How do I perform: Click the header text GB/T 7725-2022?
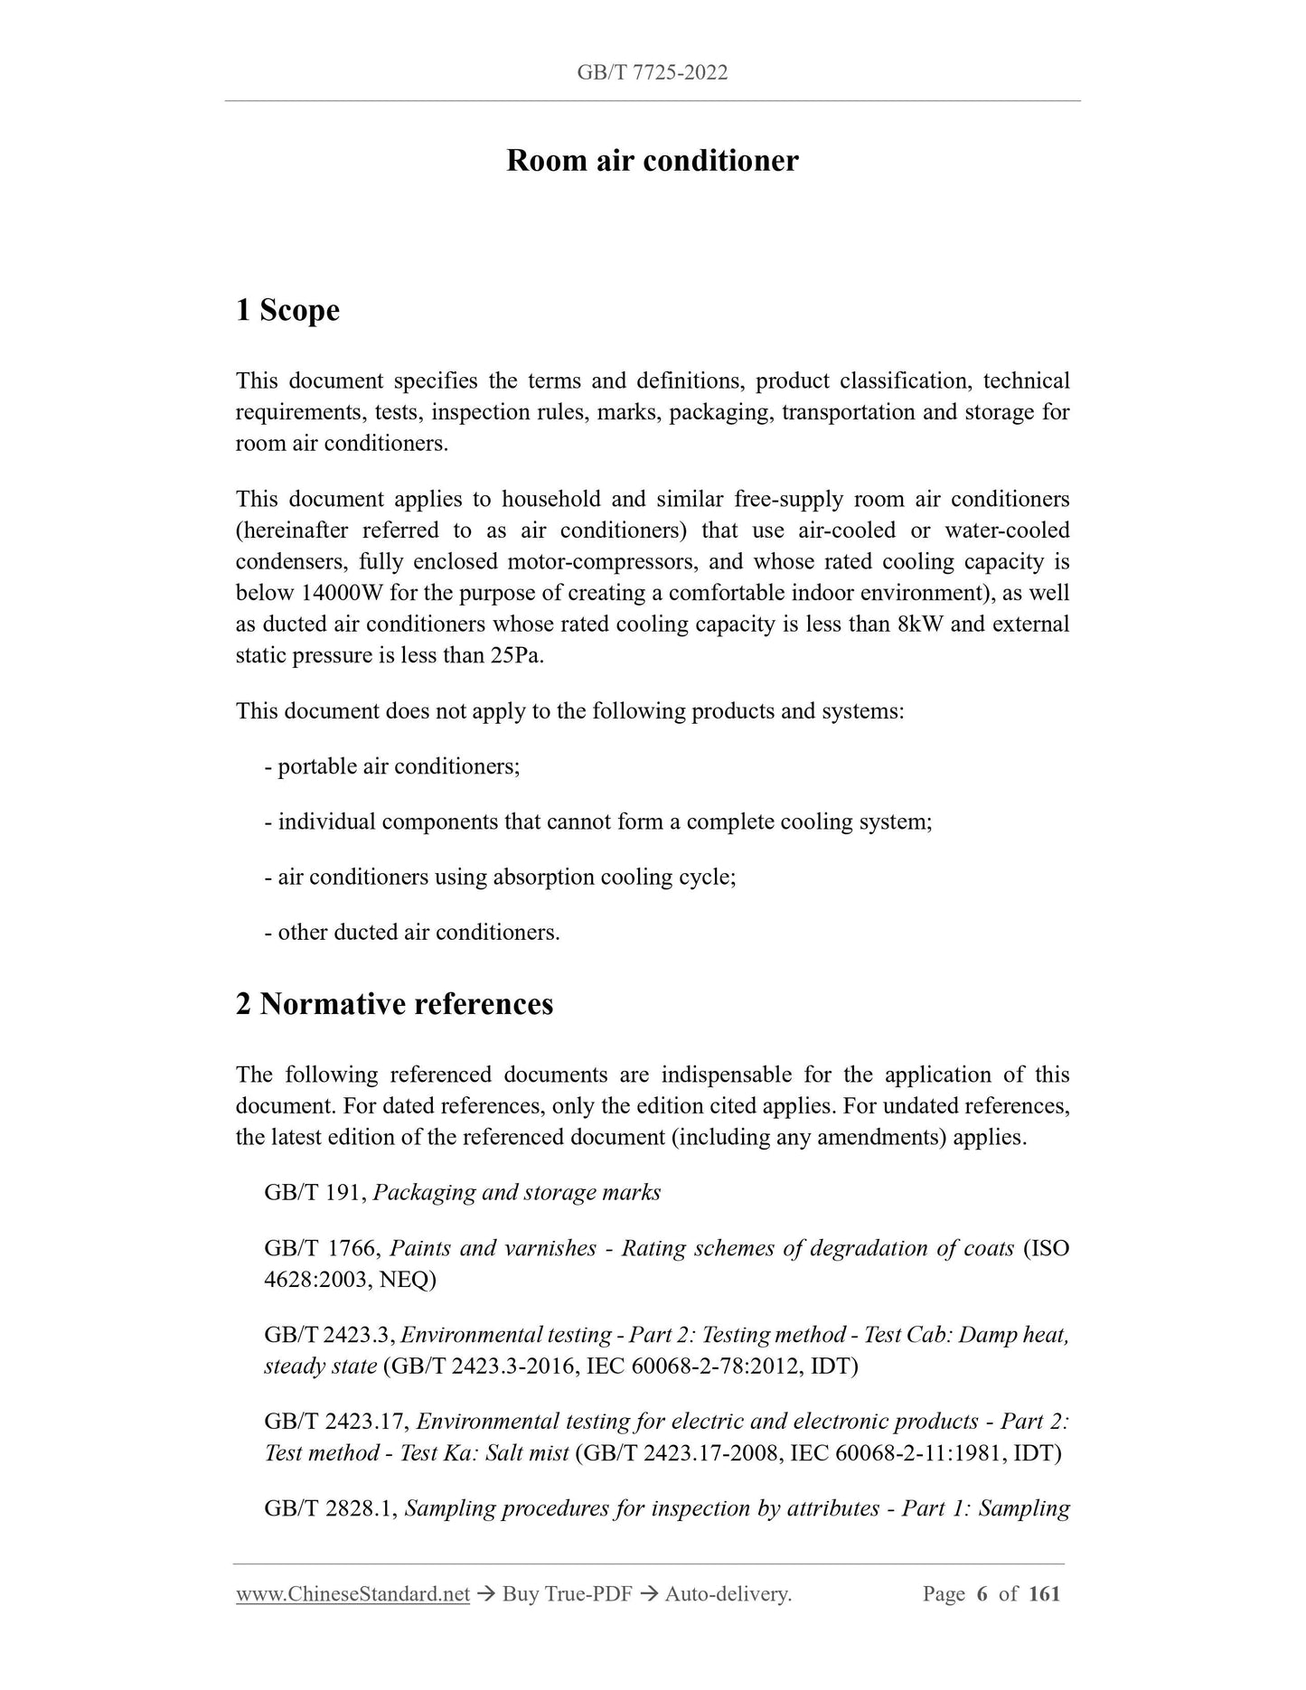[x=652, y=72]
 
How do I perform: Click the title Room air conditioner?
[x=652, y=161]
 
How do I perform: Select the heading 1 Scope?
[x=287, y=310]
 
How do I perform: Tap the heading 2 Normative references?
[x=394, y=1004]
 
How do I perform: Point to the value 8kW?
[x=921, y=624]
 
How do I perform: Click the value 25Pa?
[x=516, y=656]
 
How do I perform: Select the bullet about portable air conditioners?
[x=392, y=767]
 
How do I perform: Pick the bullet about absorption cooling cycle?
[x=500, y=878]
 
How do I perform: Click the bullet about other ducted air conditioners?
[x=412, y=933]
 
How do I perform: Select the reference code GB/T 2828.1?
[x=329, y=1508]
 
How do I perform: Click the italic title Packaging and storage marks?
[x=517, y=1193]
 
